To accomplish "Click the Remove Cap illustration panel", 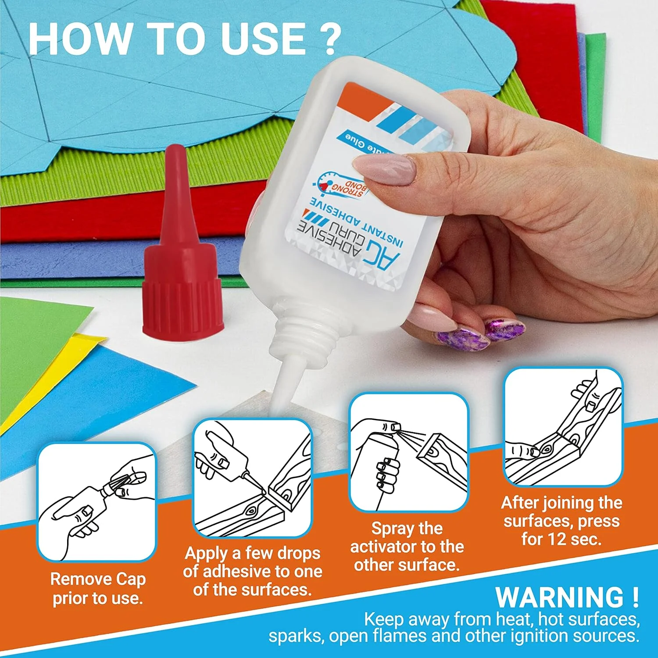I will [x=97, y=502].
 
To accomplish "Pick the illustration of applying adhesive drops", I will [x=253, y=478].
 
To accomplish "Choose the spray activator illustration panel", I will [x=408, y=452].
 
